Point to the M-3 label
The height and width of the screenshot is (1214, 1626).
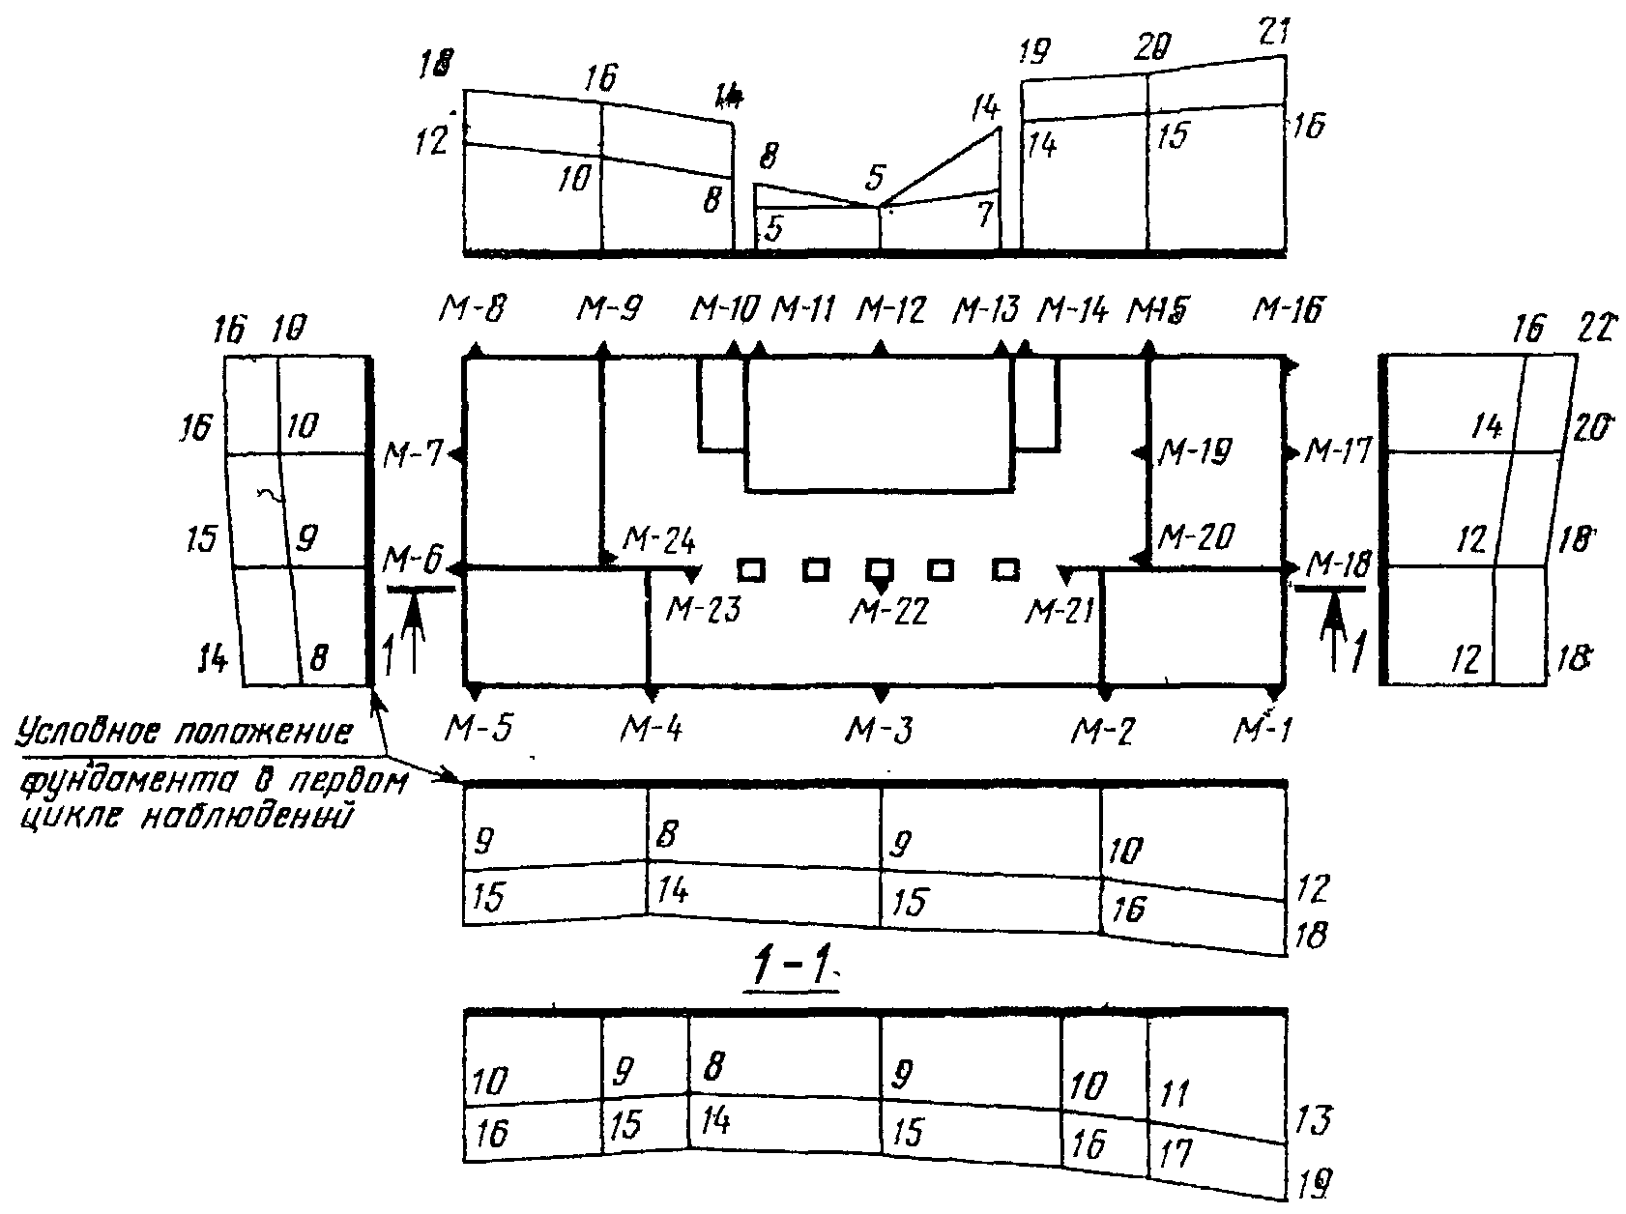point(880,729)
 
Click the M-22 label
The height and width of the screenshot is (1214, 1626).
point(888,611)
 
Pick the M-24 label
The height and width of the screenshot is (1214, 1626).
point(658,538)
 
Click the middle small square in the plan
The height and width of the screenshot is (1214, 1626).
point(879,570)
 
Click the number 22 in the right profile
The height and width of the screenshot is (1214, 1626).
point(1592,330)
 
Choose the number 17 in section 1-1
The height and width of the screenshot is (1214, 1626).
point(1173,1154)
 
